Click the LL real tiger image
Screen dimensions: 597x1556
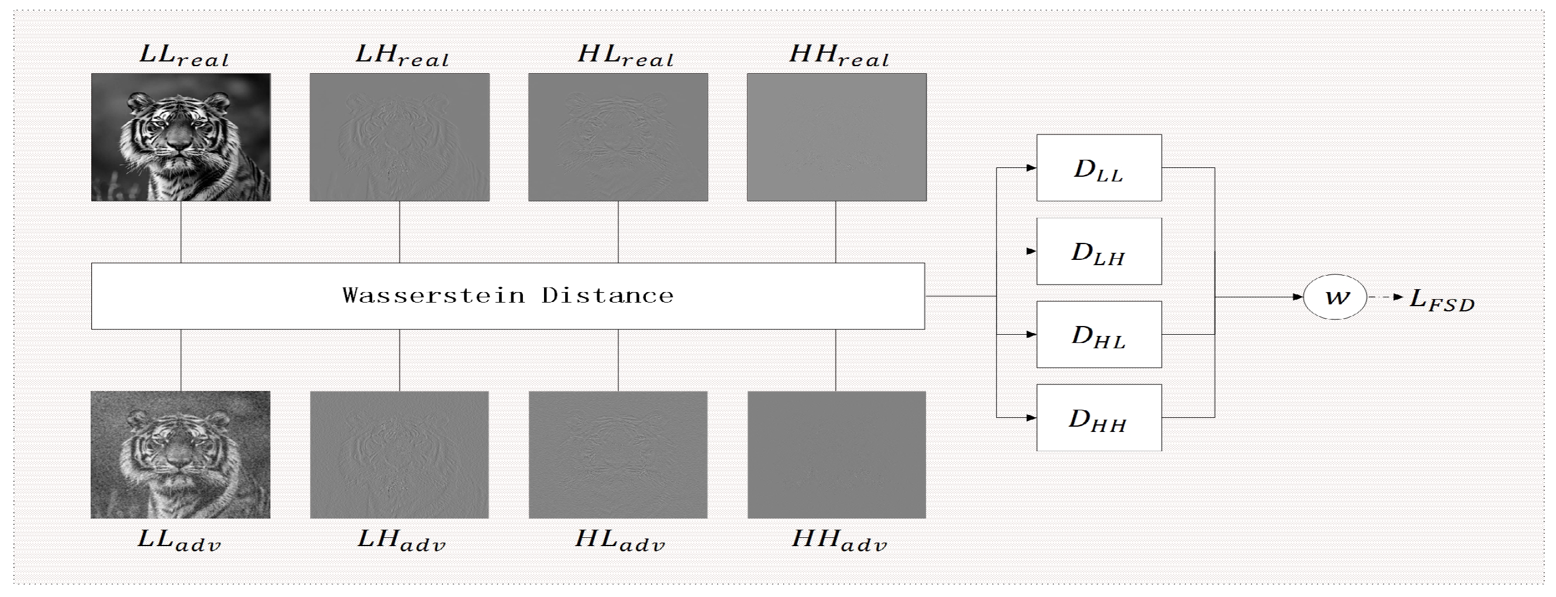(181, 137)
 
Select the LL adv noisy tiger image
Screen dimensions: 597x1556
(181, 454)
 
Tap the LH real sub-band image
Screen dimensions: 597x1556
(400, 137)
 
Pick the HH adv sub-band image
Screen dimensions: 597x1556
(836, 454)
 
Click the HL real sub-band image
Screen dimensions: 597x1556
(618, 137)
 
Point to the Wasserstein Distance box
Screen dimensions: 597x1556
(507, 296)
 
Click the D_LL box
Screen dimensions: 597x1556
(1099, 168)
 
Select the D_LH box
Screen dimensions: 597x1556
(1099, 251)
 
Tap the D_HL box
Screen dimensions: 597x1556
(1099, 334)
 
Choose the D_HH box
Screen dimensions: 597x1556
(1099, 417)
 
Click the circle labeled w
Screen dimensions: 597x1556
(1335, 297)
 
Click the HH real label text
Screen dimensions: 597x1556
(839, 56)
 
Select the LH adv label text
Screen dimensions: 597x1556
(401, 540)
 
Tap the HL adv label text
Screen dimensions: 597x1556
(619, 540)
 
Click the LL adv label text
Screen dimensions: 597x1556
(180, 540)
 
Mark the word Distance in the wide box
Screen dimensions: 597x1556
(607, 296)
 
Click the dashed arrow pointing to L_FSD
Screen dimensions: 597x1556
(1386, 297)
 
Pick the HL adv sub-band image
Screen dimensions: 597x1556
(618, 454)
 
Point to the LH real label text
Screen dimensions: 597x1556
(402, 56)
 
